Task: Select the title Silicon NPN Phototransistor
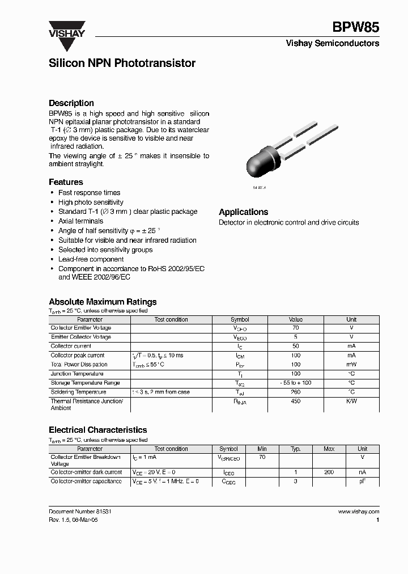[x=122, y=64]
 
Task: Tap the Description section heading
[x=71, y=103]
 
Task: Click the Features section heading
[x=66, y=182]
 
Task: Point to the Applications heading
[x=244, y=212]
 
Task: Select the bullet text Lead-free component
[x=91, y=259]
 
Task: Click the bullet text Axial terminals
[x=80, y=221]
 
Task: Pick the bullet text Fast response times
[x=89, y=193]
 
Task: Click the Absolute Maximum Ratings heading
[x=103, y=302]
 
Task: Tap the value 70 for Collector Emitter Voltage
[x=295, y=328]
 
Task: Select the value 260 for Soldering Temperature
[x=295, y=392]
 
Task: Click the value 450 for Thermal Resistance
[x=295, y=402]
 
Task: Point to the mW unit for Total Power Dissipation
[x=351, y=365]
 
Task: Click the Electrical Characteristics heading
[x=97, y=430]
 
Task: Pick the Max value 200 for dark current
[x=329, y=472]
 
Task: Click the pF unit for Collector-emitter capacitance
[x=362, y=481]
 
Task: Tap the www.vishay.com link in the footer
[x=358, y=511]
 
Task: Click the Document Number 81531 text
[x=76, y=511]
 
